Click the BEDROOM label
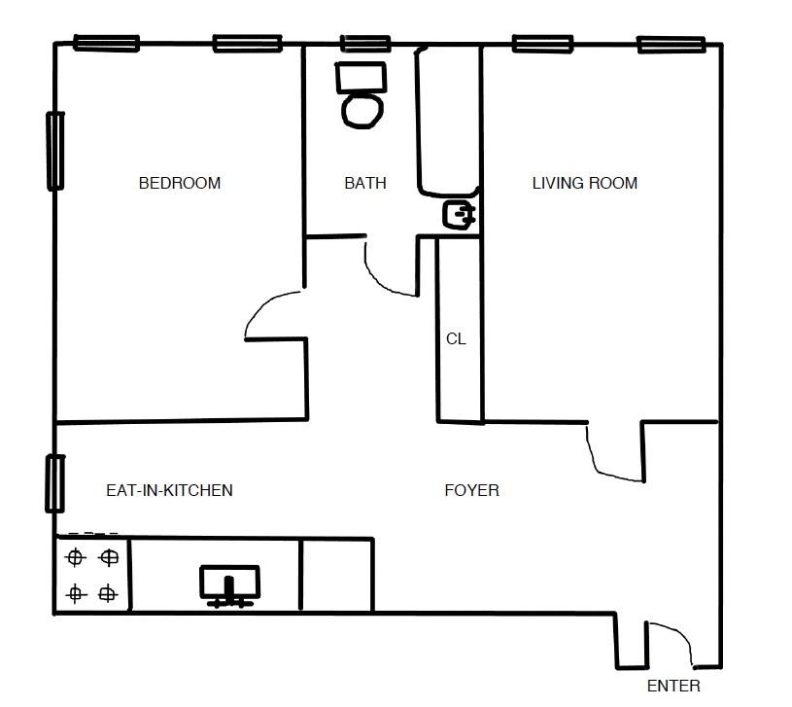179,183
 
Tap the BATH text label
364,183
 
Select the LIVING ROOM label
584,183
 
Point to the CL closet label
456,339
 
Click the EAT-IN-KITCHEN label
169,490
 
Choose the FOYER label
471,490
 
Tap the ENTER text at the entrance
672,686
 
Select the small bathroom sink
460,214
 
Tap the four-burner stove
91,575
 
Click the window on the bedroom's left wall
55,151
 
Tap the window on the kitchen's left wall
55,483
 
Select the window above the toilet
365,44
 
